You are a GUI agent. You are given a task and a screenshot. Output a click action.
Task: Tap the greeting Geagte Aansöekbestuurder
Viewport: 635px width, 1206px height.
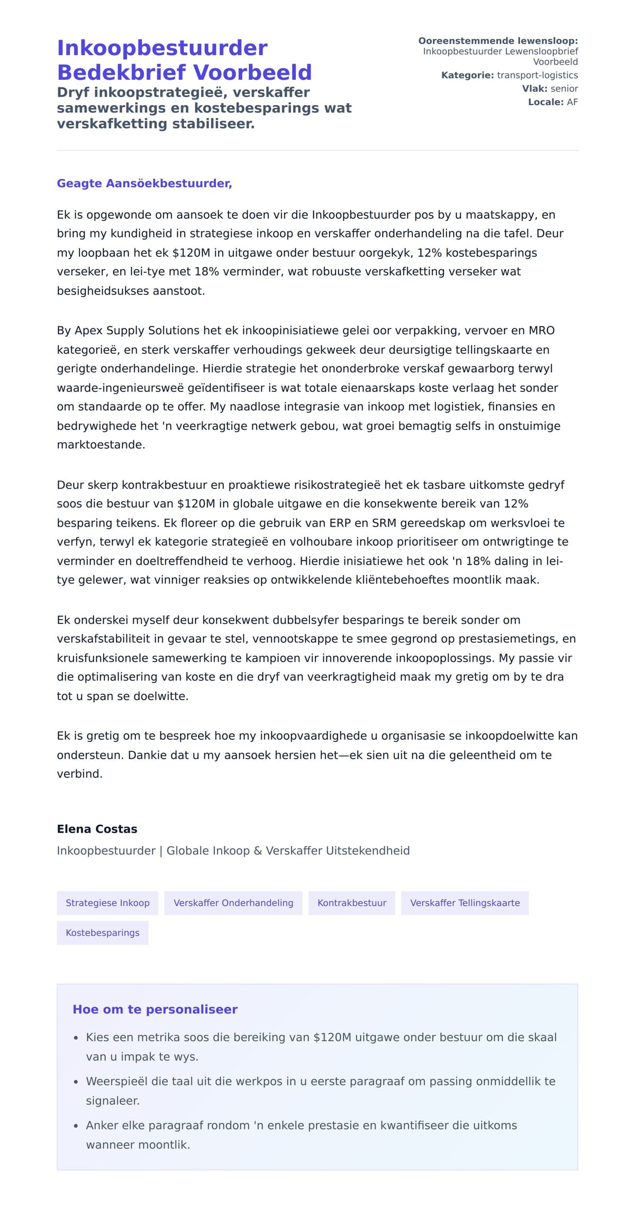[144, 183]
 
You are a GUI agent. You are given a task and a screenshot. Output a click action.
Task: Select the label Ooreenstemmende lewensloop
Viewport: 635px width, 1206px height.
[498, 41]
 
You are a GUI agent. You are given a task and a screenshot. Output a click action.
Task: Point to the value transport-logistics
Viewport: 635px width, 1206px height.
[537, 75]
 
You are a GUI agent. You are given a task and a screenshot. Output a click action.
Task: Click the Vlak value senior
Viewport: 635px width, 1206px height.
[564, 88]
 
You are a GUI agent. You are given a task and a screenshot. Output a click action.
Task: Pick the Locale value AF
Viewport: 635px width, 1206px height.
[572, 102]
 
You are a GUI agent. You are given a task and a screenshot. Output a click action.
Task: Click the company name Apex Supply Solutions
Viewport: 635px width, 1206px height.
[137, 330]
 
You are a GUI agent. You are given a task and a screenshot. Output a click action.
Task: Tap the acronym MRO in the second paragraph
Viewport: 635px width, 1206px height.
[541, 330]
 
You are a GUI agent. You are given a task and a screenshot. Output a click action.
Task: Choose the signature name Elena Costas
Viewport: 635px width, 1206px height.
[97, 829]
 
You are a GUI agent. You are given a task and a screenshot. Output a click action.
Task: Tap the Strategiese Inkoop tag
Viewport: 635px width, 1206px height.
[107, 903]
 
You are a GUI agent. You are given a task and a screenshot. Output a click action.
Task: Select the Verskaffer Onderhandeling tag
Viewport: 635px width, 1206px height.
[233, 903]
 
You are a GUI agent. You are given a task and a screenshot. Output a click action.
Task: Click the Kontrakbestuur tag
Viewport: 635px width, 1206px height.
[352, 903]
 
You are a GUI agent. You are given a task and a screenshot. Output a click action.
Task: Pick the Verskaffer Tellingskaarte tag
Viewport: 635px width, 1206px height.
[465, 903]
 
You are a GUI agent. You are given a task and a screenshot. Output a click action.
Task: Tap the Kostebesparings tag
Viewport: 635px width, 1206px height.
[103, 933]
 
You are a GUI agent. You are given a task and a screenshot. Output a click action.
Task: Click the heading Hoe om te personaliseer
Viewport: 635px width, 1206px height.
[155, 1009]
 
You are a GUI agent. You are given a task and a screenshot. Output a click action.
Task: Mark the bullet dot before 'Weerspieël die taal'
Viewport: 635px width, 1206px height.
[76, 1082]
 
